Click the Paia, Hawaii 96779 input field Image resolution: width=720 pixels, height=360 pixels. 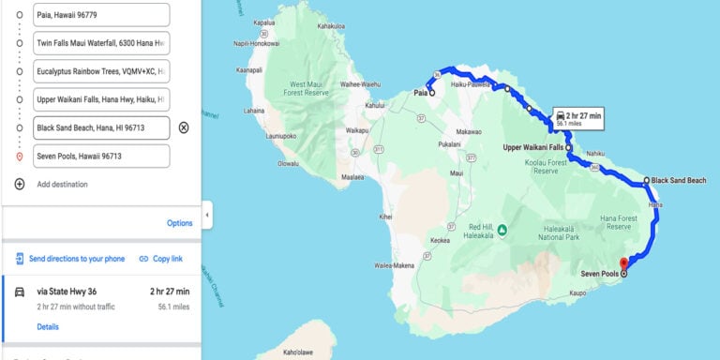(x=101, y=15)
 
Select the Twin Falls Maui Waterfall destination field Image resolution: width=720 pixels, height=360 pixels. (x=101, y=43)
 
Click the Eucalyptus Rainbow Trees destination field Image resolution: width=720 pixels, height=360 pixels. (x=101, y=71)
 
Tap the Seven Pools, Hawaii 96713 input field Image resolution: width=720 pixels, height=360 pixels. (x=101, y=156)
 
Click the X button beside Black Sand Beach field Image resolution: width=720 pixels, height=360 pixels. (x=184, y=127)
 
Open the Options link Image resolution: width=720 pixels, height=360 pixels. (x=179, y=223)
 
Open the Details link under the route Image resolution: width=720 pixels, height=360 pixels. (x=48, y=326)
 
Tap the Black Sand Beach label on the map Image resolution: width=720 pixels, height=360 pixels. (x=678, y=180)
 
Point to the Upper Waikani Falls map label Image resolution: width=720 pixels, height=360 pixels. (x=532, y=147)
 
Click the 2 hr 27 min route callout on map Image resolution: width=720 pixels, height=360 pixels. (x=578, y=117)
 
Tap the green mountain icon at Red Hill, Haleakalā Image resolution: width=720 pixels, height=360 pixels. (x=502, y=229)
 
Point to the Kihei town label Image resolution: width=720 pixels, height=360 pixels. (x=385, y=217)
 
